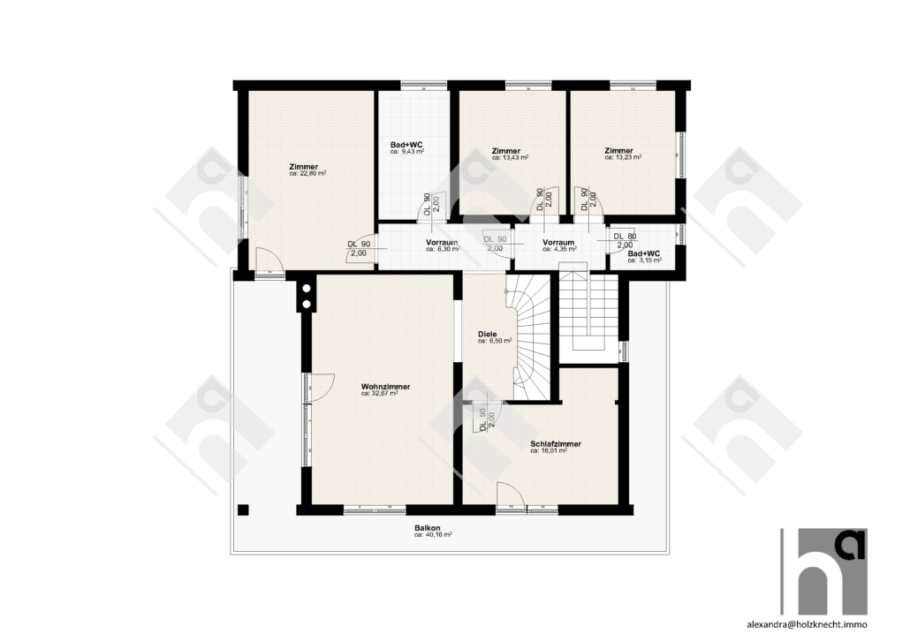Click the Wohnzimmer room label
click(x=385, y=387)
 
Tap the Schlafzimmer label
click(x=556, y=444)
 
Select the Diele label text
click(x=487, y=334)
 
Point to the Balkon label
click(x=427, y=528)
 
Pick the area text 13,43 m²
click(x=510, y=157)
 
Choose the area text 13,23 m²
click(x=623, y=156)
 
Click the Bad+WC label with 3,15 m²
click(x=645, y=254)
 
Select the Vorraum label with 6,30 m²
click(x=442, y=243)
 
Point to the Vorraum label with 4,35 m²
click(x=558, y=243)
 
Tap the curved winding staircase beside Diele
click(x=530, y=336)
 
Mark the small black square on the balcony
click(x=243, y=509)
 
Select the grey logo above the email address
click(x=823, y=571)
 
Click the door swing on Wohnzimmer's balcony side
click(x=322, y=387)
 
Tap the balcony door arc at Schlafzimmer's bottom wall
click(x=511, y=494)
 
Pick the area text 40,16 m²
click(x=433, y=535)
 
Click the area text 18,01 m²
click(x=549, y=450)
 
